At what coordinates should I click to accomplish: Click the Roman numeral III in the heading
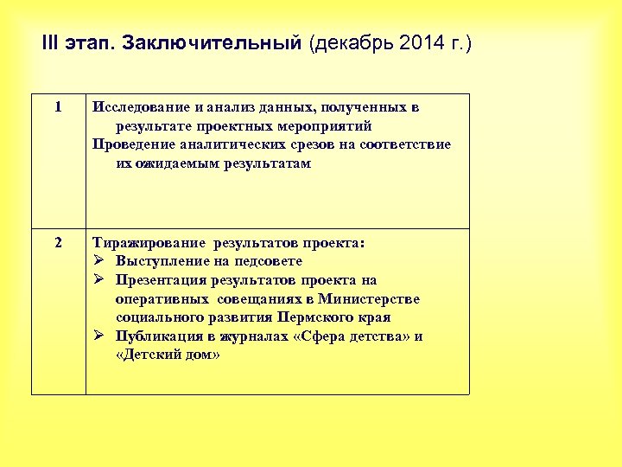[x=49, y=43]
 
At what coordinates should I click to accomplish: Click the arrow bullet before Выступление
[x=98, y=261]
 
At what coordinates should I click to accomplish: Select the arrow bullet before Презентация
[x=98, y=280]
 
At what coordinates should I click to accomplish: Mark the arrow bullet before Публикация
[x=98, y=336]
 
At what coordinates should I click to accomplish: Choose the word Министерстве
[x=369, y=299]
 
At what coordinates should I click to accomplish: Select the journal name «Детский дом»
[x=168, y=355]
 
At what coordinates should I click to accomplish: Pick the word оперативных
[x=161, y=299]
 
